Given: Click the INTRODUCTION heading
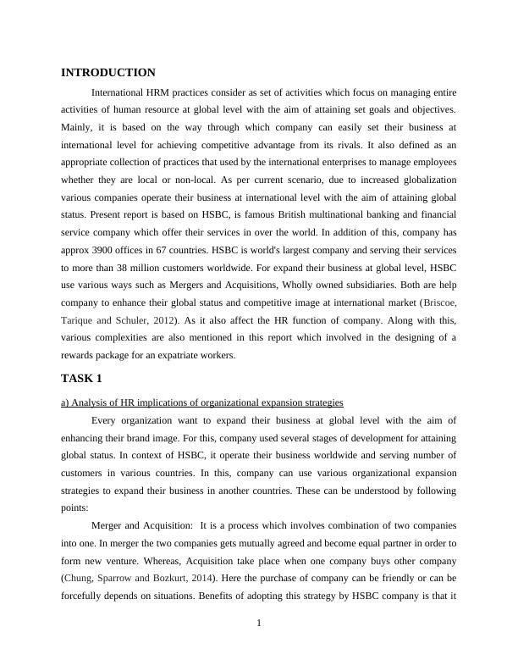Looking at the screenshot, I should pyautogui.click(x=108, y=73).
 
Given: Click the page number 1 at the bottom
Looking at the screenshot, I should pyautogui.click(x=259, y=624).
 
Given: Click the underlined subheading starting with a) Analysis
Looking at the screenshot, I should pyautogui.click(x=202, y=402).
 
